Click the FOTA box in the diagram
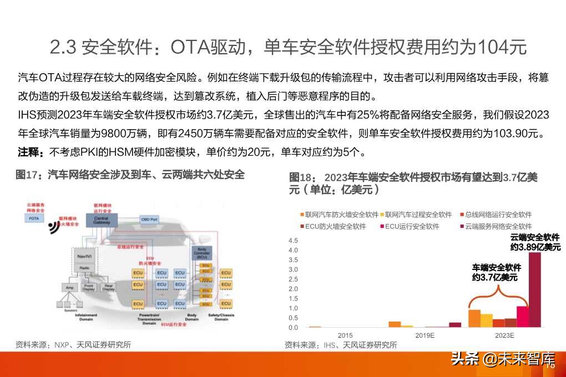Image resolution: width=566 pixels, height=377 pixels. [35, 218]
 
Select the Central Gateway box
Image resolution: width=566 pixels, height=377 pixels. [102, 219]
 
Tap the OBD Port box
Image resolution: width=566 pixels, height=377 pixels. [150, 219]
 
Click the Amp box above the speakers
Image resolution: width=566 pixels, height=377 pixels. [70, 288]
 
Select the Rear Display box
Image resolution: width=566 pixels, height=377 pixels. [108, 288]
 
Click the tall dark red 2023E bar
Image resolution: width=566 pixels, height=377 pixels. [534, 289]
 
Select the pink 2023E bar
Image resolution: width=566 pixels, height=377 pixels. [522, 316]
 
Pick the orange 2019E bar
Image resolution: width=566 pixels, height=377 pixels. [395, 324]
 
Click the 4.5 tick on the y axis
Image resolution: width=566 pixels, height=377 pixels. [294, 241]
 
